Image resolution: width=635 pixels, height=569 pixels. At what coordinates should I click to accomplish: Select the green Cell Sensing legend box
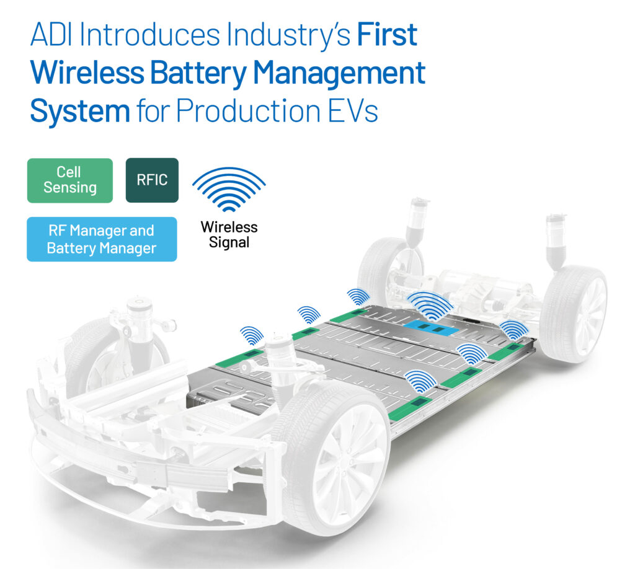(x=69, y=180)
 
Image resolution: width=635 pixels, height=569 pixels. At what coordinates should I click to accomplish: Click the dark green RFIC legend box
(x=152, y=180)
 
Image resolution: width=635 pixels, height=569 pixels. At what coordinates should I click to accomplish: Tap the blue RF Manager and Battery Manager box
(x=102, y=239)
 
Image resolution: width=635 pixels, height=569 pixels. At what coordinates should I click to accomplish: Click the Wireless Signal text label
(x=229, y=235)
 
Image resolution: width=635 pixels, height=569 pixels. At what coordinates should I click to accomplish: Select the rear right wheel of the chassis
(x=574, y=314)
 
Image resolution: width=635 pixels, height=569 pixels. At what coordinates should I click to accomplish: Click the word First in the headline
(x=387, y=35)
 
